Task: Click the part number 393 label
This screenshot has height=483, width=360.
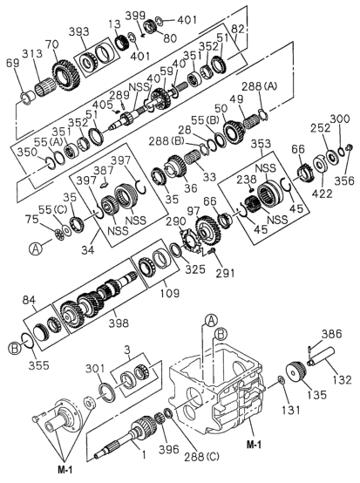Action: [78, 31]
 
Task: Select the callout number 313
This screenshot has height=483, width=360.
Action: [32, 53]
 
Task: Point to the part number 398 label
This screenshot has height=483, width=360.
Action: [119, 323]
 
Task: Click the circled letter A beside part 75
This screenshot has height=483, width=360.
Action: [36, 248]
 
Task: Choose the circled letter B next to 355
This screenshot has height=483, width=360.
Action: [14, 348]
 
